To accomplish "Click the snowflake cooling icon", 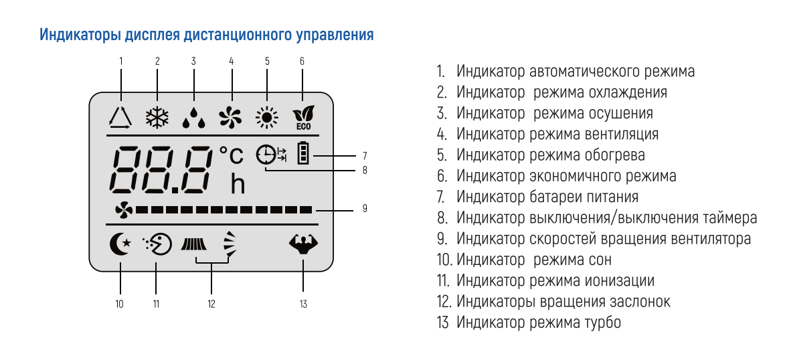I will click(157, 118).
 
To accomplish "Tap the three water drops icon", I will click(194, 118).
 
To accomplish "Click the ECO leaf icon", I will click(302, 118).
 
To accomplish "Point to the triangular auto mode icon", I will click(121, 118).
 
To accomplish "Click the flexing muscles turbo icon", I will click(303, 245).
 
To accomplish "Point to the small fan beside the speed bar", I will click(124, 211).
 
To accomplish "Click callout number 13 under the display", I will click(303, 304).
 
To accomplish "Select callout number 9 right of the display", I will click(365, 209).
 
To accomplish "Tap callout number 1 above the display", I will click(121, 61).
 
